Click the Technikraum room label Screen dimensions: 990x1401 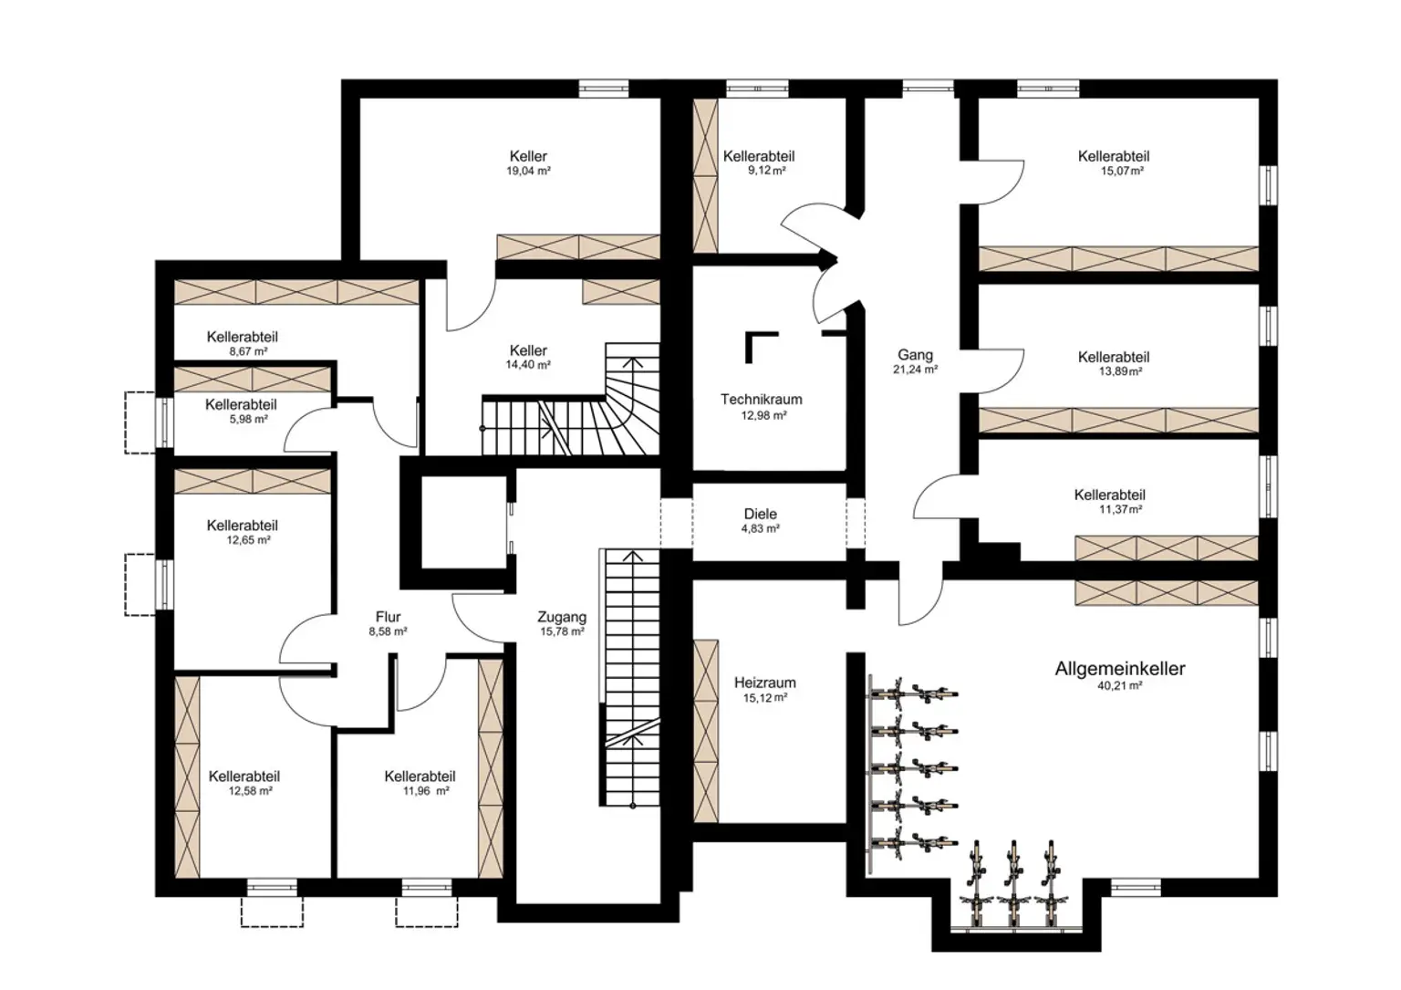(761, 399)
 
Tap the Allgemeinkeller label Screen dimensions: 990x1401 (1119, 669)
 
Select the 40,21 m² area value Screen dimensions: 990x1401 (1119, 686)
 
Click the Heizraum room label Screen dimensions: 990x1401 (764, 683)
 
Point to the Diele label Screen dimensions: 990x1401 (760, 514)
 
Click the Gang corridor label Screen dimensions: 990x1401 (915, 355)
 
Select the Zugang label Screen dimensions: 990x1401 (561, 617)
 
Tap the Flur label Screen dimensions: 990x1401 (388, 617)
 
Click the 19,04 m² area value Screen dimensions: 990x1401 (528, 171)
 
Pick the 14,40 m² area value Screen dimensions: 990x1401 (528, 365)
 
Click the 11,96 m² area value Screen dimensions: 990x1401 (426, 791)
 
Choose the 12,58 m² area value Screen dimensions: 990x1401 (250, 791)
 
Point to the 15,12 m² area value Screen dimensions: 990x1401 (764, 697)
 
